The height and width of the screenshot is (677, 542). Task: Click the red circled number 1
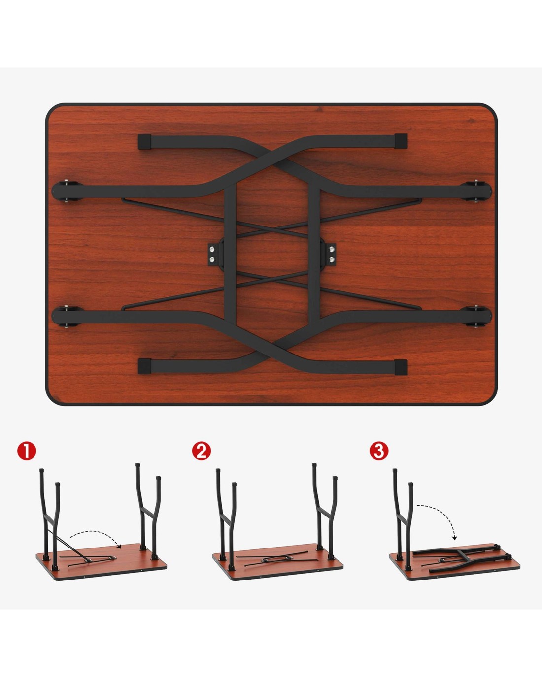(x=27, y=451)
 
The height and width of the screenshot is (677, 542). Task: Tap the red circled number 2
(x=202, y=451)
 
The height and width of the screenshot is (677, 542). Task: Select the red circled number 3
(x=378, y=451)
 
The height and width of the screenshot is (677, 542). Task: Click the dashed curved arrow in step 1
(x=95, y=532)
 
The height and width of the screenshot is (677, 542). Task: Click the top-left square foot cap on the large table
(x=144, y=142)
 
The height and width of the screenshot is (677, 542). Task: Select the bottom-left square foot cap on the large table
(x=144, y=366)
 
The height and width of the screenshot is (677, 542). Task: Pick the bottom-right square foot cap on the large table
(x=401, y=367)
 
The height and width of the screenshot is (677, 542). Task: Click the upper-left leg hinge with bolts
(x=67, y=191)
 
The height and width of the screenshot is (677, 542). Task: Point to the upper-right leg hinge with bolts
(x=477, y=191)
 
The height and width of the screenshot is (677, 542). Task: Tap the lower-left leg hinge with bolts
(x=67, y=317)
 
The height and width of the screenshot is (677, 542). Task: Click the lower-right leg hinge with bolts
(x=477, y=317)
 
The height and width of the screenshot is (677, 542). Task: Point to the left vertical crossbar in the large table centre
(x=231, y=252)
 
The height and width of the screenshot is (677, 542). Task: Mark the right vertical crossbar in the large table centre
(x=314, y=252)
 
